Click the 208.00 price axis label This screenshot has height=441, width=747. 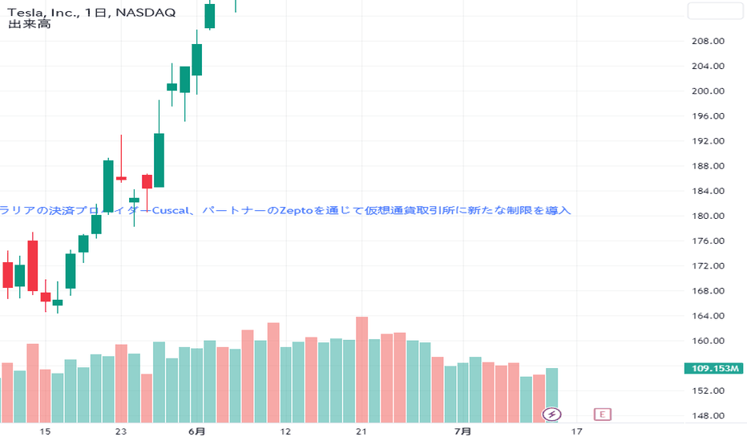[708, 41]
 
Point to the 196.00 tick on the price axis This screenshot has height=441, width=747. [708, 116]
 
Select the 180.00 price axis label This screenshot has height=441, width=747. [708, 216]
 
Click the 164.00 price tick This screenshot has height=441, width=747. [708, 316]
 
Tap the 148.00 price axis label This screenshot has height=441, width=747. [708, 416]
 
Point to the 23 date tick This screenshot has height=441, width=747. [121, 431]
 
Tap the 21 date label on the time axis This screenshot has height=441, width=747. [361, 431]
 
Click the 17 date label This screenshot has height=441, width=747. [575, 431]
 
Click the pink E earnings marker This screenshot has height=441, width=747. [602, 415]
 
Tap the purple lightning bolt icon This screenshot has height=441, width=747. [552, 415]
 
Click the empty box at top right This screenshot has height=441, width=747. [716, 11]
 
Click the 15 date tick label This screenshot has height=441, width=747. [46, 431]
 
